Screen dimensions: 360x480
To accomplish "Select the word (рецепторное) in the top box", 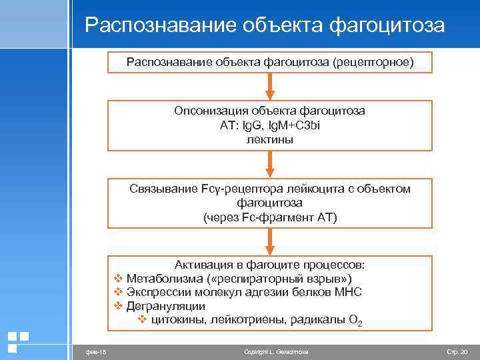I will point(375,63).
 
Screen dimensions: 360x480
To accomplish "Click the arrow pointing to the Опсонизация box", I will point(269,85).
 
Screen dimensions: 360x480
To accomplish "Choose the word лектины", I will point(270,139).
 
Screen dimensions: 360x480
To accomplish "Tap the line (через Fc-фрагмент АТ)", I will point(270,217).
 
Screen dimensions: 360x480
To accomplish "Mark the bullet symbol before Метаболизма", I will point(118,278).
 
